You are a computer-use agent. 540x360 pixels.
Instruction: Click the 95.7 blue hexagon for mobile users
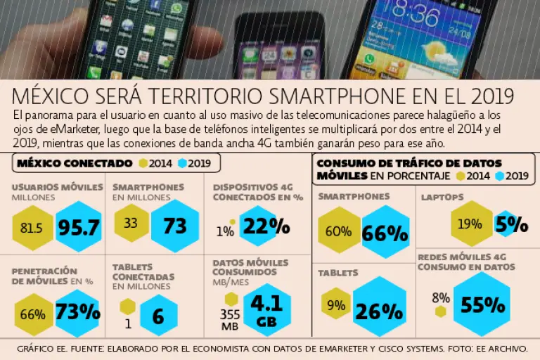79,227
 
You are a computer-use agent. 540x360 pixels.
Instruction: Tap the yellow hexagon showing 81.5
32,228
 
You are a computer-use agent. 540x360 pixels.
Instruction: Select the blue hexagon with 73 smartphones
174,226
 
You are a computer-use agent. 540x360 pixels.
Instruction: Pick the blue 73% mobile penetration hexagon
77,312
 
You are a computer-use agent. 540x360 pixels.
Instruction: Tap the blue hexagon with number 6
158,316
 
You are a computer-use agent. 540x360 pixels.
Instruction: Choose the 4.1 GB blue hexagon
266,310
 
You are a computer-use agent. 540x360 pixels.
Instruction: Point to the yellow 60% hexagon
339,231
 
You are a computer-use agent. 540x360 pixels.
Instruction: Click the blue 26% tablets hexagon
380,310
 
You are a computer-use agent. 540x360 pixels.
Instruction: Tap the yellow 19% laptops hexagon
470,224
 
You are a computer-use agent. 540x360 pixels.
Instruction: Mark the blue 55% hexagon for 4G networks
483,304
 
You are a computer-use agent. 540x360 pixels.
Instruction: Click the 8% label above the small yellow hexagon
441,297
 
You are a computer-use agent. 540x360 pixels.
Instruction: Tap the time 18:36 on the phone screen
415,13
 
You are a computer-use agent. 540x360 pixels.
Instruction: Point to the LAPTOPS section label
442,198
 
